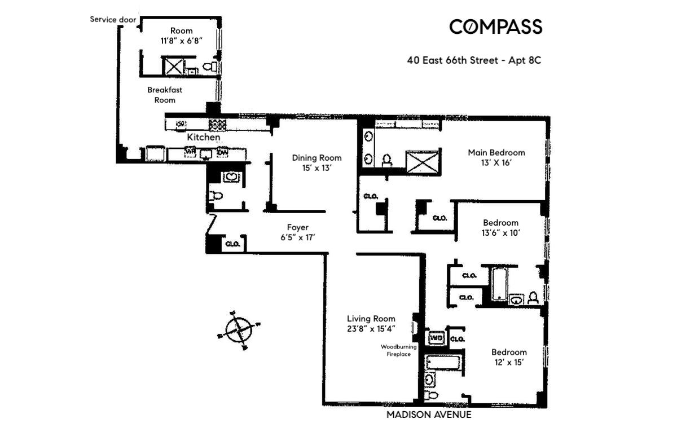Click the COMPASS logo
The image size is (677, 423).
[x=495, y=27]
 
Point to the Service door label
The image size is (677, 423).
[x=113, y=19]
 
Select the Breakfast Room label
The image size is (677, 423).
[x=165, y=95]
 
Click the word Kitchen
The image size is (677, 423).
[x=204, y=137]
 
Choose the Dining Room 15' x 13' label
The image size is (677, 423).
[x=316, y=162]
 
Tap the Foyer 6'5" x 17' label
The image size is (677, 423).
[x=297, y=232]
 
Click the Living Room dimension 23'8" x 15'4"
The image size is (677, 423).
[x=371, y=329]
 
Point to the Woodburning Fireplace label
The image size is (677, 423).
[x=398, y=350]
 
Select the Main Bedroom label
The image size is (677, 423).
[x=496, y=157]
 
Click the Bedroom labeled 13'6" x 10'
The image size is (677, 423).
[x=500, y=228]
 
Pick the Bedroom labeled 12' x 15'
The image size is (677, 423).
[x=509, y=357]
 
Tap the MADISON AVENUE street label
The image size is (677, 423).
[x=429, y=415]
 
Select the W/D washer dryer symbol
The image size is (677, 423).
[x=437, y=338]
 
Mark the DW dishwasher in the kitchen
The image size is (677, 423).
[x=222, y=152]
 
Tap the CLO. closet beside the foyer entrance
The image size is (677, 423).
[x=233, y=244]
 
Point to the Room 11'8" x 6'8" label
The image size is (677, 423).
[x=181, y=36]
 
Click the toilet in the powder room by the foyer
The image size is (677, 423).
[x=215, y=196]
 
